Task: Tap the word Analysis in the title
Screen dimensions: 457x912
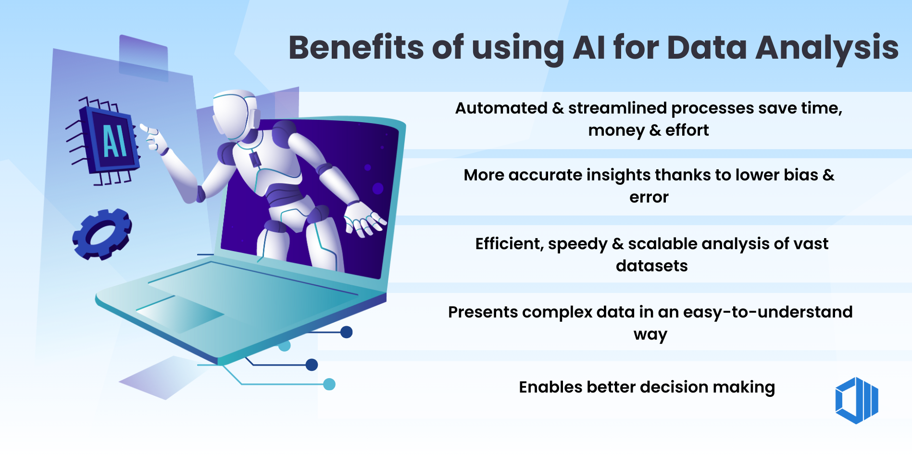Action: pos(827,48)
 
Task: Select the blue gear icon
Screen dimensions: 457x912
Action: pos(102,234)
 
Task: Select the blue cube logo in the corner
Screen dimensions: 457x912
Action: pos(857,400)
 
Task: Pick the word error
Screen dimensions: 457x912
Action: pos(649,197)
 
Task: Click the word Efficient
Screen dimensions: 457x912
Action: pos(509,244)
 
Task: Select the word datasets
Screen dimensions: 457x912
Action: pos(651,266)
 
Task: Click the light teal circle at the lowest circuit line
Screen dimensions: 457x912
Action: pos(329,384)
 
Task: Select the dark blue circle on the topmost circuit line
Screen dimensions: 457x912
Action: pos(347,332)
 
